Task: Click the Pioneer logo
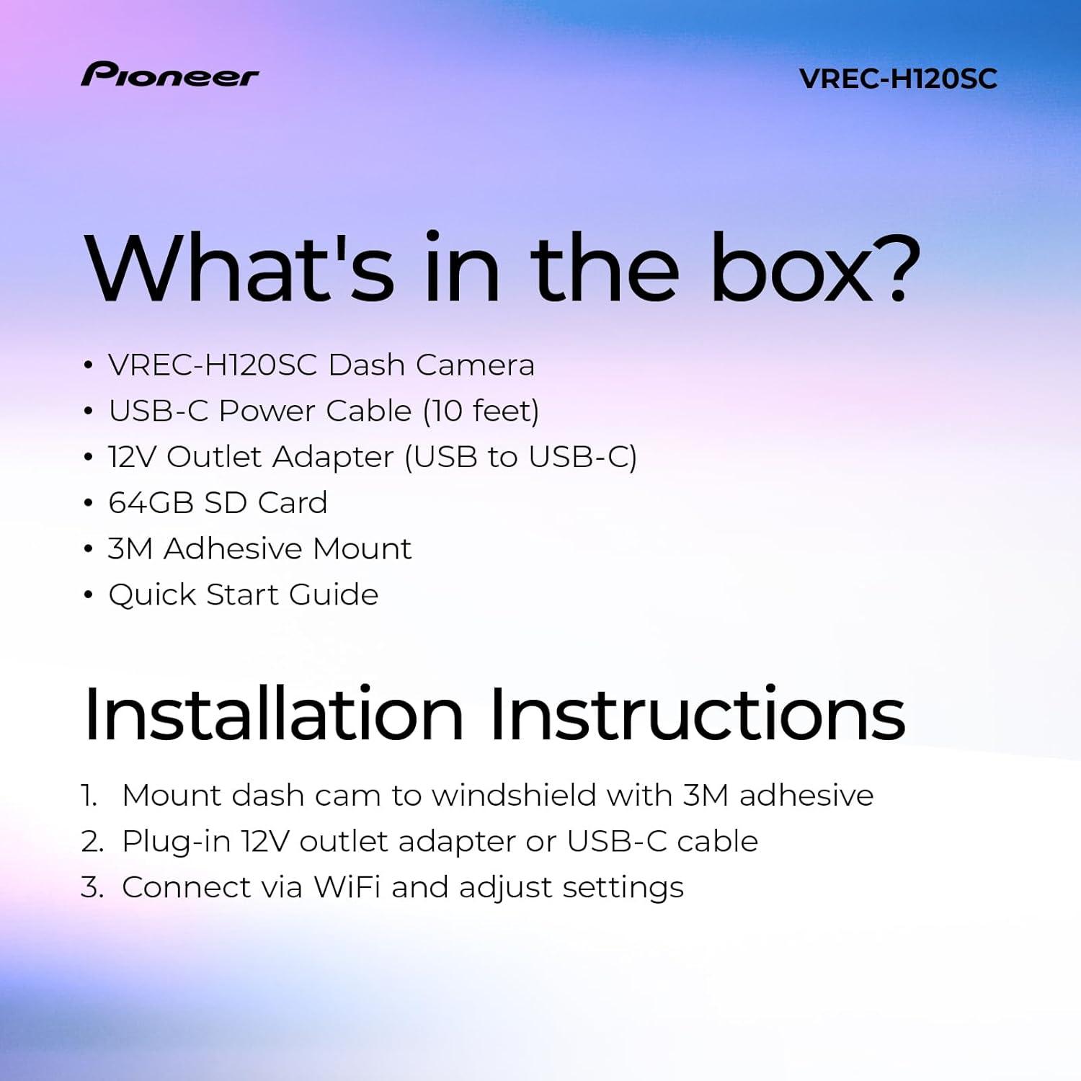point(169,75)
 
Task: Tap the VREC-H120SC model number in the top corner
point(898,79)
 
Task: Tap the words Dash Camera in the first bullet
point(431,365)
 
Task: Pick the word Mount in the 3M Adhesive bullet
point(362,549)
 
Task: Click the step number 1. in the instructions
point(89,796)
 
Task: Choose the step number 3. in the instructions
point(92,888)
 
